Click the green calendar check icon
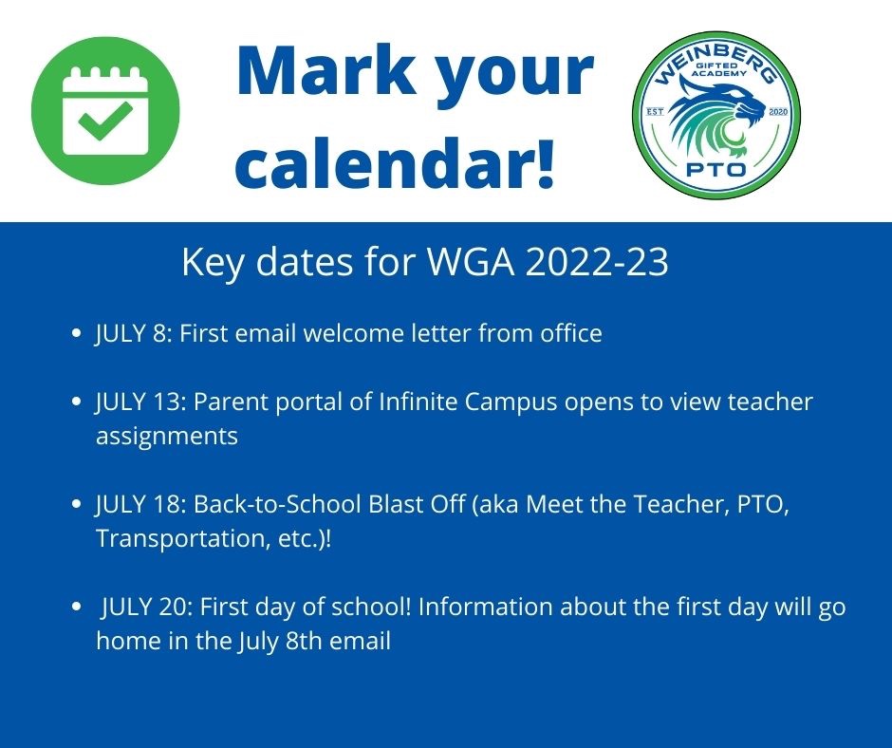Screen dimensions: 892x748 [x=105, y=110]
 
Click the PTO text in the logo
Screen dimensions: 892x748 [x=716, y=169]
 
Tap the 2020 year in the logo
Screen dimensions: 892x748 [x=778, y=112]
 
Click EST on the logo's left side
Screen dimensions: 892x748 [x=656, y=112]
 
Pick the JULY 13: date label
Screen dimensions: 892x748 [x=141, y=402]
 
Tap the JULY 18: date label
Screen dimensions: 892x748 [x=141, y=504]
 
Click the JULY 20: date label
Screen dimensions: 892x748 [x=148, y=607]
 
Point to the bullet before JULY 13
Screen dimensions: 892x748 [x=76, y=402]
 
